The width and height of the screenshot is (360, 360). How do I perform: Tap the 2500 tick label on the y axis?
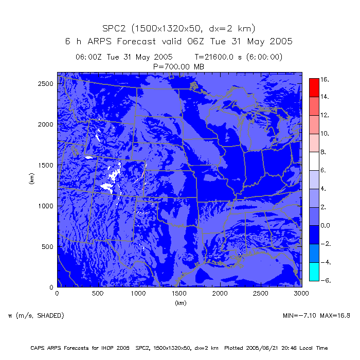coord(46,83)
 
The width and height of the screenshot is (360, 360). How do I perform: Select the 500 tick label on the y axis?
coord(48,246)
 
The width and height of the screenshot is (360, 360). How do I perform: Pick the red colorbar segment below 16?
coord(314,87)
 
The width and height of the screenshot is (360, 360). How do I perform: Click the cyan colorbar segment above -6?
coord(314,272)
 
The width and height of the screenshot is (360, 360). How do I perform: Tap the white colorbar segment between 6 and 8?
coord(314,161)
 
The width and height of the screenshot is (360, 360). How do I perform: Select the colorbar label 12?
coord(325,115)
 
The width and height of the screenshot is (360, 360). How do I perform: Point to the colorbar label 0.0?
coord(326,225)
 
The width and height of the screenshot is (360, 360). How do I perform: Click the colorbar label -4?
coord(325,262)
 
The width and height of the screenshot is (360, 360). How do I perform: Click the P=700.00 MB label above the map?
coord(178,65)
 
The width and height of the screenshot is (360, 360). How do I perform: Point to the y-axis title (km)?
coord(32,179)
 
